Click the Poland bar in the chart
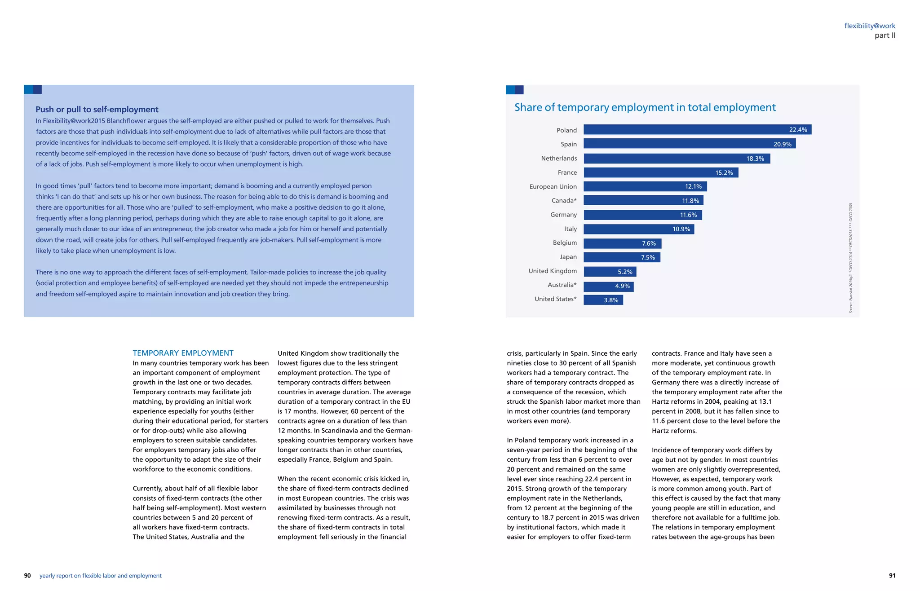pos(697,130)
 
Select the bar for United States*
pos(603,300)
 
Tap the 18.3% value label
pos(755,159)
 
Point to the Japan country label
pos(568,257)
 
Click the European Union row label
pos(553,186)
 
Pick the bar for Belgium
pos(622,243)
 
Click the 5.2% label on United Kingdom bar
pos(624,272)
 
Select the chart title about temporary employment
pos(645,107)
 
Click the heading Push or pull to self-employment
pos(97,110)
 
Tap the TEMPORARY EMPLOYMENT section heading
pos(183,353)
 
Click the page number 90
pos(27,576)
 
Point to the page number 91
pos(892,576)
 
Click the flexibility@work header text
pos(869,26)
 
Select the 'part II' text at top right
pos(885,35)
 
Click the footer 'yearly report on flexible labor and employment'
pos(100,576)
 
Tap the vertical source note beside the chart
pos(850,258)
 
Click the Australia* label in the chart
pos(562,285)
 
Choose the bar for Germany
pos(642,215)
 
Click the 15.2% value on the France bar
pos(724,173)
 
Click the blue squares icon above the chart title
pos(514,90)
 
